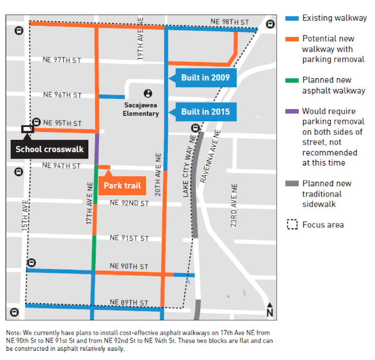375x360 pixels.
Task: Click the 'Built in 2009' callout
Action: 205,77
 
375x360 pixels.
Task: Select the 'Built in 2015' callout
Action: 205,112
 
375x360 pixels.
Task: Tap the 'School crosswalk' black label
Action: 49,150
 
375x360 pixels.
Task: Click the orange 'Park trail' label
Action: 122,186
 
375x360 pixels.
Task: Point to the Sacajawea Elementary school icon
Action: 148,93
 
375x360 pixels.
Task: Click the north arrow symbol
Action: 269,311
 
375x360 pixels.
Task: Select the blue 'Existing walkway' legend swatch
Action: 292,19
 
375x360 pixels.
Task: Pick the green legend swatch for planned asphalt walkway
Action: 292,80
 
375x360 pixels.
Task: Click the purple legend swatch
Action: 292,112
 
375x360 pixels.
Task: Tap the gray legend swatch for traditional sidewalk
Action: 292,184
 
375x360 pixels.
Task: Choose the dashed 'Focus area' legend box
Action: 292,225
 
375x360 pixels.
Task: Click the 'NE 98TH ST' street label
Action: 229,22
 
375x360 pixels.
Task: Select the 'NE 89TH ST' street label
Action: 129,302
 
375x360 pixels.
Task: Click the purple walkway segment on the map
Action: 97,148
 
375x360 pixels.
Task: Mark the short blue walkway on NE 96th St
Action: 112,97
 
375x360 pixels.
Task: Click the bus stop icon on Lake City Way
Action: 195,128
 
